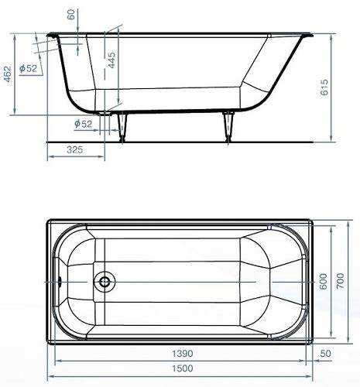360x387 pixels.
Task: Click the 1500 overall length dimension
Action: coord(183,368)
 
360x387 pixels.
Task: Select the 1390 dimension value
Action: coord(183,354)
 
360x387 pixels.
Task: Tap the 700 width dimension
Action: coord(341,281)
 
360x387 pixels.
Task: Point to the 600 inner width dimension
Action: coord(324,281)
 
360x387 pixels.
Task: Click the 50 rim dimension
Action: coord(325,354)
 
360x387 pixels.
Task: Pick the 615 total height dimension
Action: coord(324,87)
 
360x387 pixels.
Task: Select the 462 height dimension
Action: coord(7,74)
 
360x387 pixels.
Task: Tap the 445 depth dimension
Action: coord(111,60)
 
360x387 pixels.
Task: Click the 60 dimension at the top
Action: coord(70,14)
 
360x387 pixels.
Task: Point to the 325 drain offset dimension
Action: coord(75,149)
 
